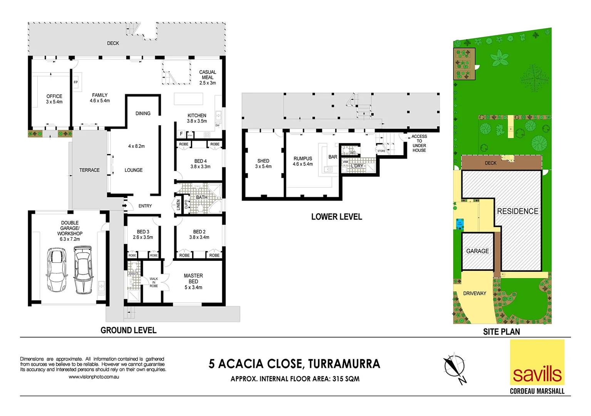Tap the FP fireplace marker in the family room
76,82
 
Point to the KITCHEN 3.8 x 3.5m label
197,118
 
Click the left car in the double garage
56,270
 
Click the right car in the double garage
83,270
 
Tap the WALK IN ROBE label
154,282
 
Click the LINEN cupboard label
178,205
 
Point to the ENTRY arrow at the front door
125,206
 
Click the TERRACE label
89,170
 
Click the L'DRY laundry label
357,166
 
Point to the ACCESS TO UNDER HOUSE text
419,143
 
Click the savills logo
537,362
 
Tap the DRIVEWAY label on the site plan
474,293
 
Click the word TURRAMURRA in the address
344,364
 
